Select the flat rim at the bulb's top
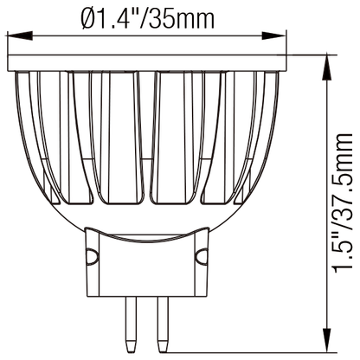pos(146,61)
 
